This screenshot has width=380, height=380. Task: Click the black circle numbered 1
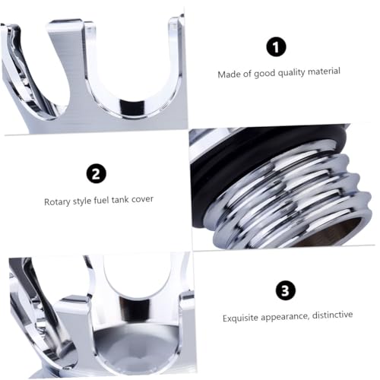276,47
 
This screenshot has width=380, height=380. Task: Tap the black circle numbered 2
97,173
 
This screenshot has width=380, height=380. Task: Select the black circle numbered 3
286,290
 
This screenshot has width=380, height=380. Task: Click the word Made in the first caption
228,74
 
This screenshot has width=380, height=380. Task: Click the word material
324,71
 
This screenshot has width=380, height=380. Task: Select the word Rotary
57,202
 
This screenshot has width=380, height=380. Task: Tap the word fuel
102,201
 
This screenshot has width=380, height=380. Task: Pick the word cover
142,199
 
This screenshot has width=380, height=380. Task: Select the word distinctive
332,315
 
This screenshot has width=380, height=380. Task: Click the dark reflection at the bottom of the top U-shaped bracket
132,106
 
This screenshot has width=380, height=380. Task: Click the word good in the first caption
264,74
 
